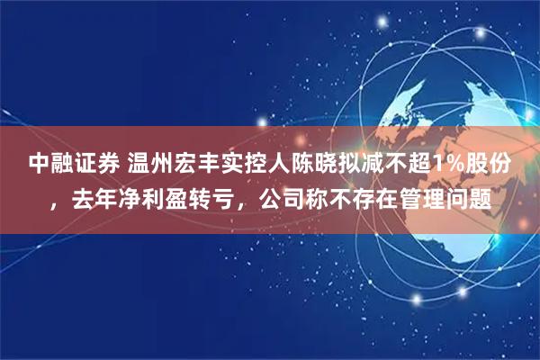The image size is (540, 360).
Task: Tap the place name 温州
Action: [151, 164]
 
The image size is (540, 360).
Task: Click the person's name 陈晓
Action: [320, 164]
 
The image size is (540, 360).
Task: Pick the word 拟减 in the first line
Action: [369, 164]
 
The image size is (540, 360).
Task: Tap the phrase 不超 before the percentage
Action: [417, 164]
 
